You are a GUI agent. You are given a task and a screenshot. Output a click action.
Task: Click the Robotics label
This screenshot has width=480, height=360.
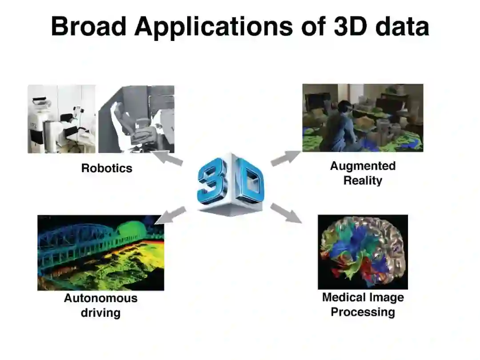click(x=107, y=168)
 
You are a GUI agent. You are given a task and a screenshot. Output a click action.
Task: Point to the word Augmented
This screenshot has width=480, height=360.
click(x=363, y=166)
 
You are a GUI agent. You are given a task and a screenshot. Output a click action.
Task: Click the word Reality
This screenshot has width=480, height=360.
click(x=363, y=180)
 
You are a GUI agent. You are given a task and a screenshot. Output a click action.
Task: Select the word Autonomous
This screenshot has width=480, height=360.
click(x=100, y=298)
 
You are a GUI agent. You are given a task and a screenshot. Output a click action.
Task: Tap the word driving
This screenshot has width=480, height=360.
click(x=100, y=312)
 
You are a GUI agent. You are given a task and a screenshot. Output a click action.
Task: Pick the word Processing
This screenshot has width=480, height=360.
click(x=363, y=312)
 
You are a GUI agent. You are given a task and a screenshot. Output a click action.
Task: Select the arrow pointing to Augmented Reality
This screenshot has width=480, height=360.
click(x=285, y=158)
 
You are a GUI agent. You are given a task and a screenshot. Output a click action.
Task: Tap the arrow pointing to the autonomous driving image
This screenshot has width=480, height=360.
click(x=172, y=214)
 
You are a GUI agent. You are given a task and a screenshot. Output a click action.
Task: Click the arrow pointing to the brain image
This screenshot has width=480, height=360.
click(x=286, y=212)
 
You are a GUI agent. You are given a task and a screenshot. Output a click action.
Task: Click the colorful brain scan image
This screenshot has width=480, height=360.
click(x=362, y=252)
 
